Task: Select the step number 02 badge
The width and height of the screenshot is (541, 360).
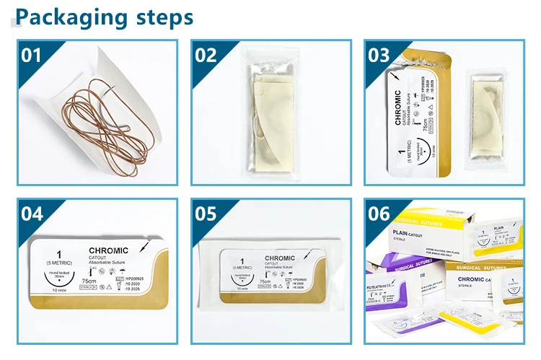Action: click(x=206, y=55)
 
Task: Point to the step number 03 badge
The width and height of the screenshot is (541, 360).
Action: click(x=379, y=55)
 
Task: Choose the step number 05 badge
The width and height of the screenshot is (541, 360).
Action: click(x=206, y=214)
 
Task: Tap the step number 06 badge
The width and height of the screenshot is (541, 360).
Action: click(x=379, y=214)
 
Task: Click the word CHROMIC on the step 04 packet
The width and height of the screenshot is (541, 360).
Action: click(x=107, y=250)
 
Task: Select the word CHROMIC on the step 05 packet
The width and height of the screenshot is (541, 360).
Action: click(x=280, y=258)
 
